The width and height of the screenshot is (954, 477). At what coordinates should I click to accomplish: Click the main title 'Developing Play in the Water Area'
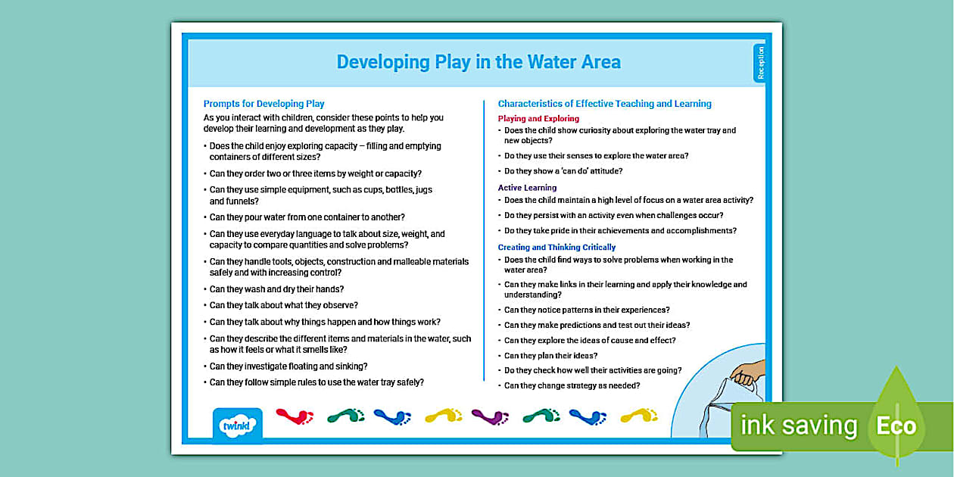[x=479, y=62]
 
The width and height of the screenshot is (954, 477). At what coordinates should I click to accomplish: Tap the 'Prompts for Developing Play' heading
[x=263, y=104]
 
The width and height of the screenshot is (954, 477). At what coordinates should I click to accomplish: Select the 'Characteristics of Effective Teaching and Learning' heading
[x=604, y=104]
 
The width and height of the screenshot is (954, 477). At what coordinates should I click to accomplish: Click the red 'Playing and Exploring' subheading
[x=538, y=119]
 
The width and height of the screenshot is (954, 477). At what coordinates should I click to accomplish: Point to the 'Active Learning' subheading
[x=527, y=188]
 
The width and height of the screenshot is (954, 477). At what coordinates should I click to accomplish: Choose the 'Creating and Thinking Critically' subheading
[x=556, y=248]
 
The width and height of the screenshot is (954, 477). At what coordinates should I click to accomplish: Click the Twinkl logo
[x=238, y=424]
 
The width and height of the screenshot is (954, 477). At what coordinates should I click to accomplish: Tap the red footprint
[x=295, y=416]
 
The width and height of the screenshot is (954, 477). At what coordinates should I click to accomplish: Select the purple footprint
[x=490, y=416]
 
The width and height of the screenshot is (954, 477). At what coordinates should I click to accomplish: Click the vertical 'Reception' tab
[x=760, y=63]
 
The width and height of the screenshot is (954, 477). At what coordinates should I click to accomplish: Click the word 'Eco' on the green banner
[x=896, y=426]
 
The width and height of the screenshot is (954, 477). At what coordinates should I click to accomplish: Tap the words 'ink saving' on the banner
[x=798, y=426]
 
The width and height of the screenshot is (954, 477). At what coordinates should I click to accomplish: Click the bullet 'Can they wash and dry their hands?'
[x=276, y=289]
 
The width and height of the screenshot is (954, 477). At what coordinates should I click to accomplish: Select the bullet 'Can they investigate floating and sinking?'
[x=288, y=366]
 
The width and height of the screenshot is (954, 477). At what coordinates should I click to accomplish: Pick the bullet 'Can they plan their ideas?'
[x=550, y=356]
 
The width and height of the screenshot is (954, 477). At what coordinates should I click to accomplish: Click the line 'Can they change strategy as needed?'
[x=572, y=385]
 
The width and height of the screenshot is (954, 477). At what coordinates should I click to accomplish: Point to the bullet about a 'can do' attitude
[x=563, y=171]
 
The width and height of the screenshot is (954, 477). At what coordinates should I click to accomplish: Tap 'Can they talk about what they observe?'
[x=283, y=305]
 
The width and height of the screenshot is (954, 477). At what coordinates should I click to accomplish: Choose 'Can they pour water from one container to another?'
[x=307, y=217]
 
